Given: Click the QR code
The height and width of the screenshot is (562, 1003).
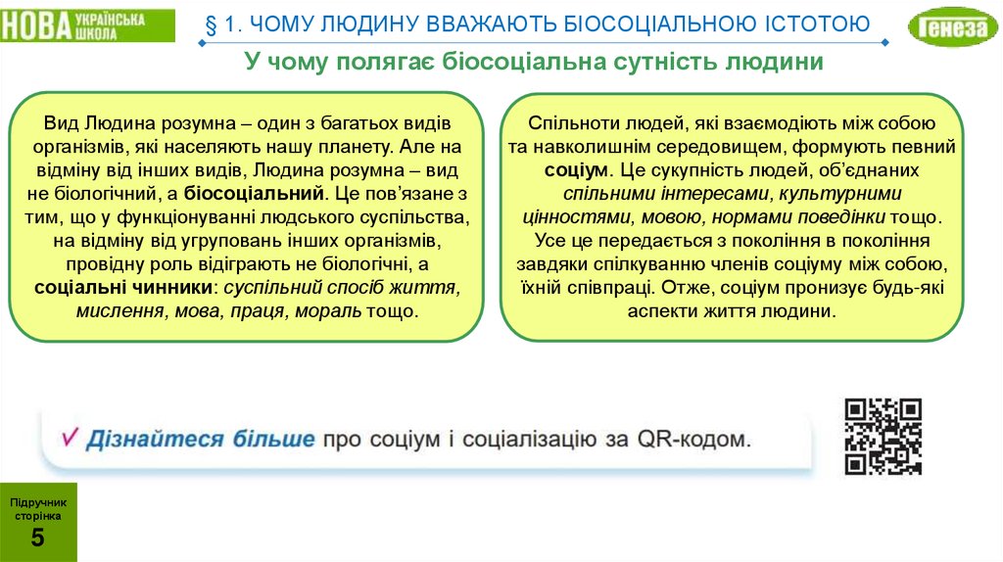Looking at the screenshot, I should [x=884, y=437].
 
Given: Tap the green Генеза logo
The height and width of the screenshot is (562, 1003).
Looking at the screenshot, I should [x=948, y=27].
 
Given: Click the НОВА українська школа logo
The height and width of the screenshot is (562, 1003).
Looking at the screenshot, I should [x=86, y=25].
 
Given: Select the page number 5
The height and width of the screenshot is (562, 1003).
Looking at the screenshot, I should [x=37, y=537].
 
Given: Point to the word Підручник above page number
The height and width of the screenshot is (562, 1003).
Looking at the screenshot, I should [x=38, y=501].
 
